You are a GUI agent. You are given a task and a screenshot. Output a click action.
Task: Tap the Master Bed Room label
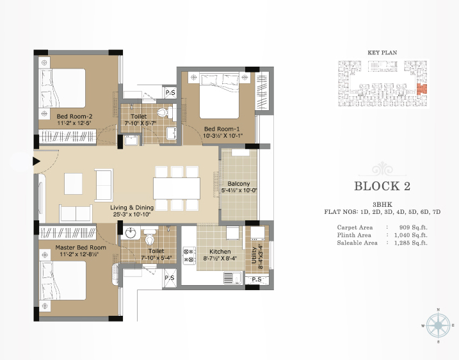click(x=81, y=247)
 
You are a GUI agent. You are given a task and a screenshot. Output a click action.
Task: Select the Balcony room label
click(x=239, y=184)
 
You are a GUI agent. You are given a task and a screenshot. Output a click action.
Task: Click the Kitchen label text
click(x=220, y=251)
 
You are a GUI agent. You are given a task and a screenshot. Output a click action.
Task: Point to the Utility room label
click(x=254, y=255)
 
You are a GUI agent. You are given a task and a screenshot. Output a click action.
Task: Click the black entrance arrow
click(x=36, y=161)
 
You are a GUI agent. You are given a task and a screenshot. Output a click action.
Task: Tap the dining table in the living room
click(x=177, y=188)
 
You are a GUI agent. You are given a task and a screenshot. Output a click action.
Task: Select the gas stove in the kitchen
click(x=189, y=256)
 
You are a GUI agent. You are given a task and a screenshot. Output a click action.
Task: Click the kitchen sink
click(x=233, y=278)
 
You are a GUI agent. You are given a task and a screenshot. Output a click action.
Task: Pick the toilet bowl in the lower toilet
click(x=150, y=236)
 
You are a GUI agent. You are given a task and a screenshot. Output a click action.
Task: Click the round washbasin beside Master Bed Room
click(x=130, y=233)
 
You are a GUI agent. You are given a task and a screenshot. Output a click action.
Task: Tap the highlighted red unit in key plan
click(x=422, y=89)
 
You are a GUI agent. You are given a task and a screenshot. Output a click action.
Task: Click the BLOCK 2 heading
click(x=382, y=186)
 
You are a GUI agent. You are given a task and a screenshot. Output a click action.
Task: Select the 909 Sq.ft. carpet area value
click(x=413, y=227)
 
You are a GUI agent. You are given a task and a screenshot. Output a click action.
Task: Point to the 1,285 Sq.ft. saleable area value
click(x=411, y=243)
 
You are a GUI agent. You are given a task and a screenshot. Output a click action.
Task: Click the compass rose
click(x=438, y=325)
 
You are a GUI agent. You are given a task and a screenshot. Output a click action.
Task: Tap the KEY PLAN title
click(x=382, y=53)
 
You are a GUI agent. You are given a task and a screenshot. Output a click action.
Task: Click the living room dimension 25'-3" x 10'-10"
click(x=132, y=215)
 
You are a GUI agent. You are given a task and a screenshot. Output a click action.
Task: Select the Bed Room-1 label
click(x=221, y=129)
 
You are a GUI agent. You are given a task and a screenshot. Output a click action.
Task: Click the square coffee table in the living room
click(x=73, y=184)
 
